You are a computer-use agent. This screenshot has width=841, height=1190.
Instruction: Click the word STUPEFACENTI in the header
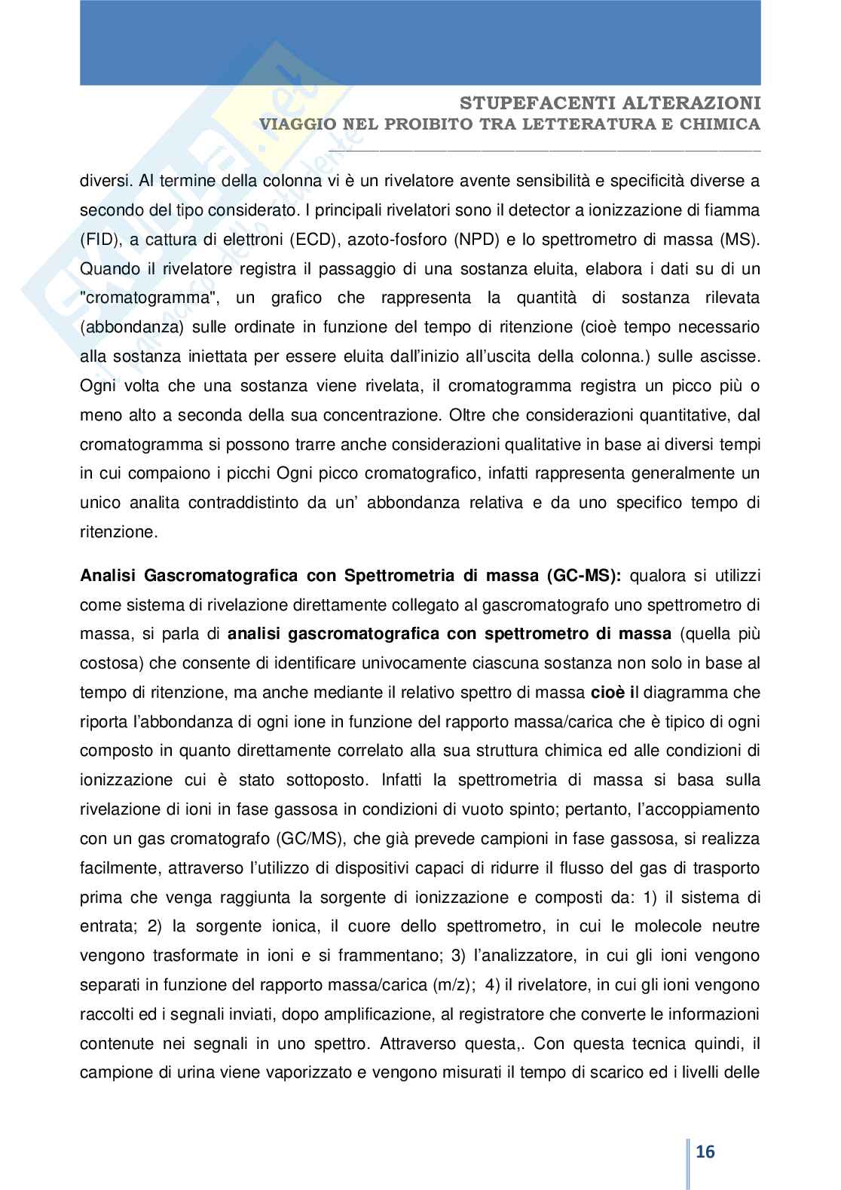click(534, 103)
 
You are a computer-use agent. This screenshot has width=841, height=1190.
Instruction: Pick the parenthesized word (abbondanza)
click(132, 328)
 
